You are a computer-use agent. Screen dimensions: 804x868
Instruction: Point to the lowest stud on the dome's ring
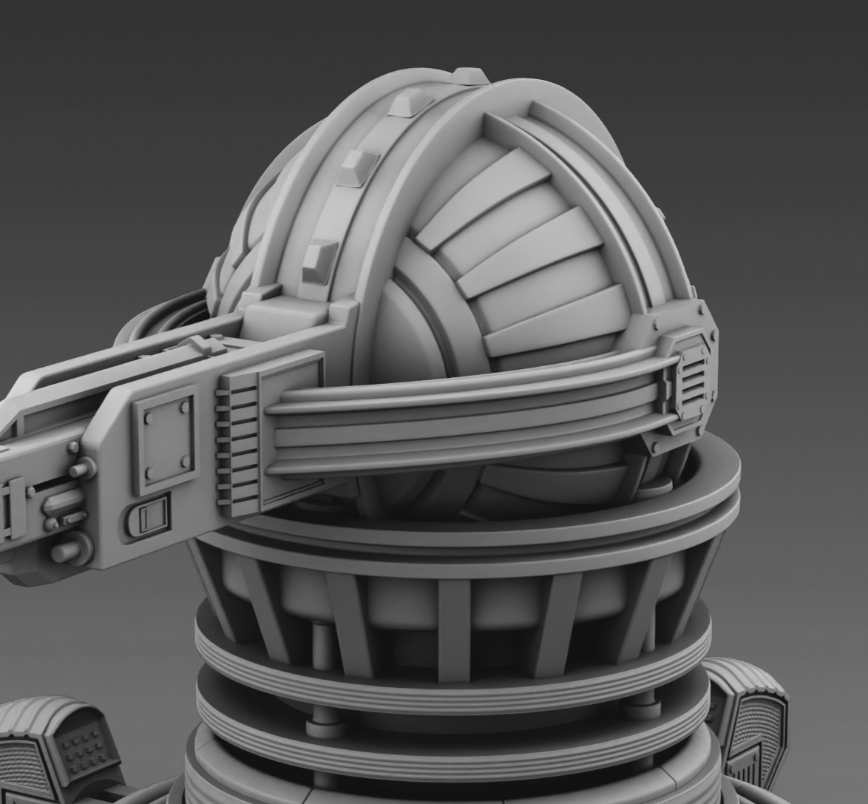tap(319, 262)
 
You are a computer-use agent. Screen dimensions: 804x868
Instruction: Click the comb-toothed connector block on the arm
tap(236, 444)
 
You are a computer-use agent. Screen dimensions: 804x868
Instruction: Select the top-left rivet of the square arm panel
tap(149, 417)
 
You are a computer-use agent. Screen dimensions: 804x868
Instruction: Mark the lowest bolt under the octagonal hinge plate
tap(655, 447)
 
